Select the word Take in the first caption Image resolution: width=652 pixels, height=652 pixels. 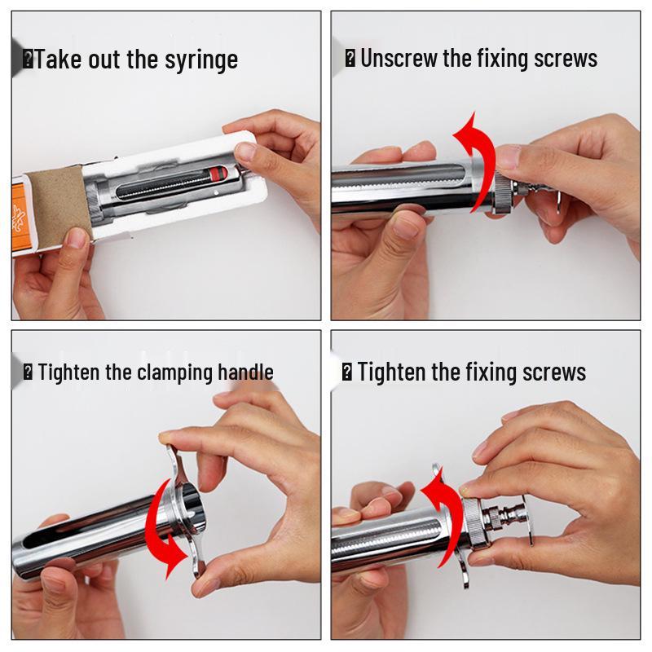[58, 60]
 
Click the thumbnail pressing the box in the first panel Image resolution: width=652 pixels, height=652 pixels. [244, 152]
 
